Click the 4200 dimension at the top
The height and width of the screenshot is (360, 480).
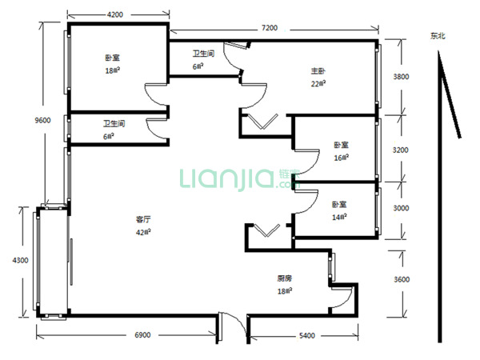click(114, 14)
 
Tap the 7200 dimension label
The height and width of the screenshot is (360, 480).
click(270, 28)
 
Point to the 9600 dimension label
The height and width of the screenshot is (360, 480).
click(42, 120)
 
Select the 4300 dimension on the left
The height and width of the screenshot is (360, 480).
click(20, 260)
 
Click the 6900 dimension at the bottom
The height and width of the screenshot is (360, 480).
click(142, 335)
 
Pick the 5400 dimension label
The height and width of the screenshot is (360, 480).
click(307, 336)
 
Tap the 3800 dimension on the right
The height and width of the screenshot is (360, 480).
click(401, 77)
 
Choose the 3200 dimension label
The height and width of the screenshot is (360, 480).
click(401, 150)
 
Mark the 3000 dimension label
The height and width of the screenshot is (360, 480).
click(401, 208)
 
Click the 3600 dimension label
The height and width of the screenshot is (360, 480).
click(402, 279)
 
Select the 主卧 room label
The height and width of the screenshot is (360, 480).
click(318, 71)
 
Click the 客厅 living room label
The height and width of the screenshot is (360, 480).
click(143, 219)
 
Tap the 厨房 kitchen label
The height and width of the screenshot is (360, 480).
click(285, 278)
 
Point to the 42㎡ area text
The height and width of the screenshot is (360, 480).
click(143, 232)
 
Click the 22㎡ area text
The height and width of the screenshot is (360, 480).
click(318, 83)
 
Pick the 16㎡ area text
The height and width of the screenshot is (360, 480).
click(342, 158)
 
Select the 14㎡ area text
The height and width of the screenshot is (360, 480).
click(339, 217)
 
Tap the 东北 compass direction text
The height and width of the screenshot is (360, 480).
click(438, 36)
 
